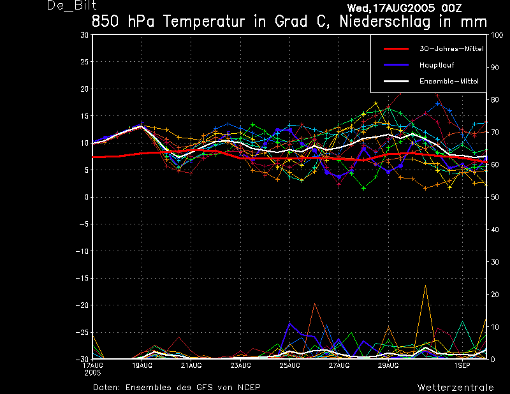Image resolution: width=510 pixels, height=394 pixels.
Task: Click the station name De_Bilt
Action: click(72, 6)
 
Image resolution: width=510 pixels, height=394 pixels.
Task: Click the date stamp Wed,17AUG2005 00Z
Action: click(404, 8)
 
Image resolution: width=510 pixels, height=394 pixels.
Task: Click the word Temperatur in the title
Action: click(203, 22)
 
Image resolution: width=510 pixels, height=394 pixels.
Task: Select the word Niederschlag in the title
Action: click(385, 22)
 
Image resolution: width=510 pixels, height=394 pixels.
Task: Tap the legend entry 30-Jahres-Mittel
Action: click(451, 49)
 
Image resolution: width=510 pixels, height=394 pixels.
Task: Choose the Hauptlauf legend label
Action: click(437, 65)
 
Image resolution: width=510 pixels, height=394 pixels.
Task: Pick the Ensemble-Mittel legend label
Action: click(449, 82)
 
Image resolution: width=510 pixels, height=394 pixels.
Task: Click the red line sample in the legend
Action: click(396, 49)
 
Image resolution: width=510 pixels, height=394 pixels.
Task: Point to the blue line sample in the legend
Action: click(396, 65)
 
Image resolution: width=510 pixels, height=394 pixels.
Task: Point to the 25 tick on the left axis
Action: click(85, 62)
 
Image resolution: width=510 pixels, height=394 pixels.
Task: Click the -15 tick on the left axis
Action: click(82, 278)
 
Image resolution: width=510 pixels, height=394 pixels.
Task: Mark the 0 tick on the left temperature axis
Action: click(87, 197)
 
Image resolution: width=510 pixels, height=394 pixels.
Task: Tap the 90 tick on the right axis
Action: click(495, 68)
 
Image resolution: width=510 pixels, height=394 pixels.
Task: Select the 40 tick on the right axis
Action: click(495, 230)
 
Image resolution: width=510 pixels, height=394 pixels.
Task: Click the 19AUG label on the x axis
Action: click(142, 365)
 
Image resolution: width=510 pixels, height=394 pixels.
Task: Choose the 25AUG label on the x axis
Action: click(290, 365)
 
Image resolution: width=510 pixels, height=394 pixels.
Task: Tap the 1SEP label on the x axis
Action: click(462, 365)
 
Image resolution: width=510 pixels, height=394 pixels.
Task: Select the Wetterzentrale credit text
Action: click(455, 388)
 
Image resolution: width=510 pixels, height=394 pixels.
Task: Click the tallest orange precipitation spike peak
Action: click(425, 286)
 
